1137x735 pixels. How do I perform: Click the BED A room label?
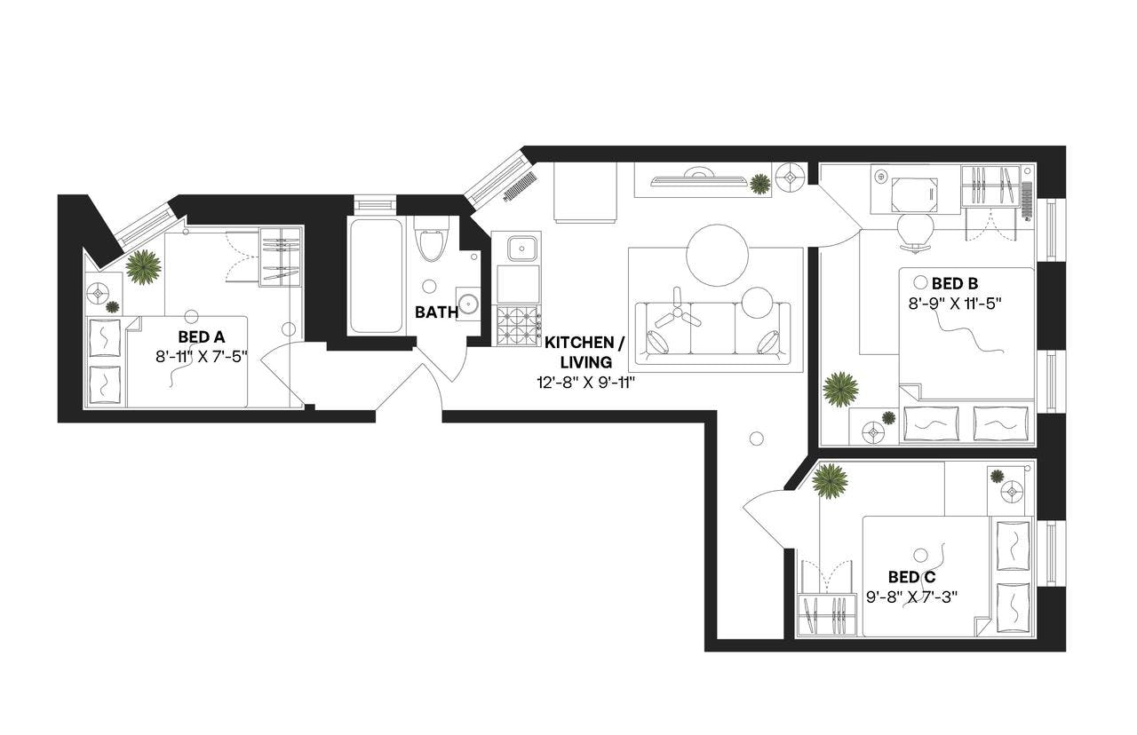point(201,337)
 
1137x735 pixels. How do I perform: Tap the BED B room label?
point(955,284)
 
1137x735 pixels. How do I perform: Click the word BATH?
point(436,312)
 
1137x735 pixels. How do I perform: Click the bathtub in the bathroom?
point(375,275)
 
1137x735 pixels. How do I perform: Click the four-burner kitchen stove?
point(518,325)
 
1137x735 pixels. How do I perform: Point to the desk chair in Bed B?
point(916,228)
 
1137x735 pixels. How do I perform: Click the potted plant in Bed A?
point(142,266)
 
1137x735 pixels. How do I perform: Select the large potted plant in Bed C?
point(830,480)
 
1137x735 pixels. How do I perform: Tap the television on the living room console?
point(696,180)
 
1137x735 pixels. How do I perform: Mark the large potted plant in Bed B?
point(839,389)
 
